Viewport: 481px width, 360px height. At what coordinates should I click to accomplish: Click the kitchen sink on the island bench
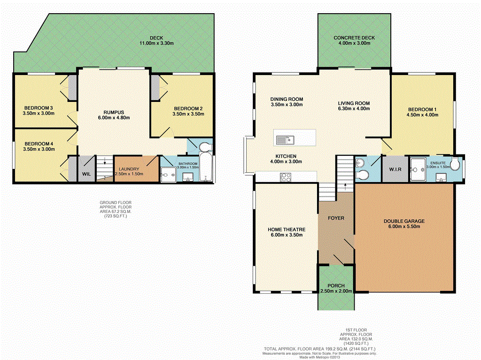click(x=285, y=139)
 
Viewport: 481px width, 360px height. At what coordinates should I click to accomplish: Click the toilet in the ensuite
click(x=455, y=164)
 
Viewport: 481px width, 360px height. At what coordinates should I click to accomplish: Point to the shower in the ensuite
click(x=417, y=166)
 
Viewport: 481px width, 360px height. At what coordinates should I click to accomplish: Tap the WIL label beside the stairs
click(x=86, y=174)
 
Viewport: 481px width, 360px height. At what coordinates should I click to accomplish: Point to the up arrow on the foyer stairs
click(x=345, y=184)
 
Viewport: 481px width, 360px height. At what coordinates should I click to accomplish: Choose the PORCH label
click(x=336, y=286)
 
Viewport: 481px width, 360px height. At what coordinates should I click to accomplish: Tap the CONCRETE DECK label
click(x=354, y=38)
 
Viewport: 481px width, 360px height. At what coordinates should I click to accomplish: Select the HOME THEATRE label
click(x=287, y=230)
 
